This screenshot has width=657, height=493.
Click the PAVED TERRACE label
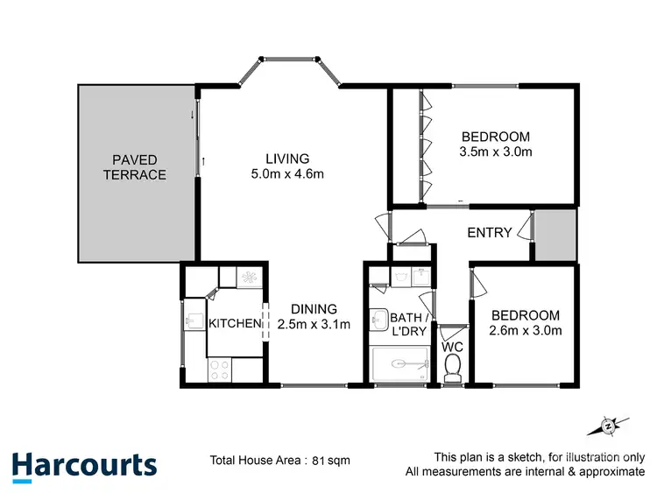[134, 167]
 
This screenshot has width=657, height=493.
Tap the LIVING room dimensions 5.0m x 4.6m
[288, 173]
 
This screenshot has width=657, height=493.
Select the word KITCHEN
[235, 324]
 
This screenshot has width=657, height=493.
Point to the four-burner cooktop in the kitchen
[220, 370]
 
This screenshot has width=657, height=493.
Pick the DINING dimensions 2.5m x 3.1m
[314, 325]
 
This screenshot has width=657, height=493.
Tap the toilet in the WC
[453, 373]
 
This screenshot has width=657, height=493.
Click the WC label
[452, 348]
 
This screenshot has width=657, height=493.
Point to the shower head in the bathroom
[399, 363]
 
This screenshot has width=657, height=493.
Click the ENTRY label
[490, 232]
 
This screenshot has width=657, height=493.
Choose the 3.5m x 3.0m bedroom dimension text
[496, 151]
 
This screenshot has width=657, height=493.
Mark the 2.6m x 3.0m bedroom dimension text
[525, 330]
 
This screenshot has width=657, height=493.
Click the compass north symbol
[608, 426]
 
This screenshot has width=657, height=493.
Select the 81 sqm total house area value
[324, 460]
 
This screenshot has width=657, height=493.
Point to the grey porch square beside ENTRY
[556, 235]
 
